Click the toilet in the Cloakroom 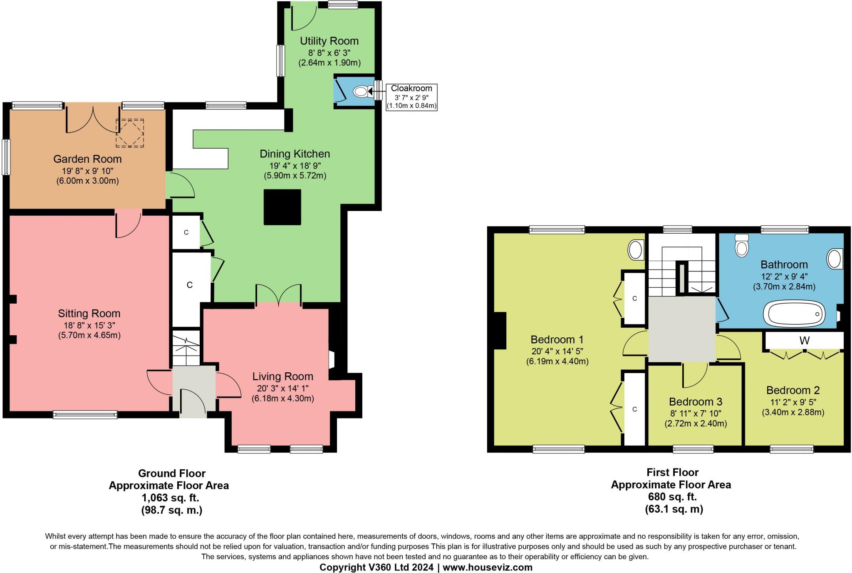361,91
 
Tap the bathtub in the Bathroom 794,314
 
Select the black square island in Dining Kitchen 282,207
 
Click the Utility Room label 329,41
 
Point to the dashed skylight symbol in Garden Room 130,133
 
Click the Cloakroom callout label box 411,97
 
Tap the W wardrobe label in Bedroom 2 804,341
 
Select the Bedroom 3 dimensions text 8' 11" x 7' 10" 695,414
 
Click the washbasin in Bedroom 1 635,250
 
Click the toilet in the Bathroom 742,245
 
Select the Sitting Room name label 89,314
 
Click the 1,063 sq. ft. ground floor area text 171,498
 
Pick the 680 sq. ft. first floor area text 672,496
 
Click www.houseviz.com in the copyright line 487,567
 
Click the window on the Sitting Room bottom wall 85,414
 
